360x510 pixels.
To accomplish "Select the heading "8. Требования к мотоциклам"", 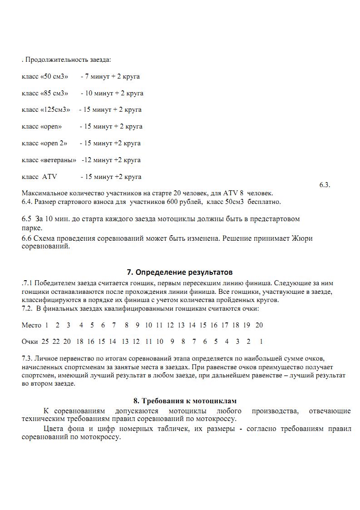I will (x=185, y=401).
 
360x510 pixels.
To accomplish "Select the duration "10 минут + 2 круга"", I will (x=114, y=93).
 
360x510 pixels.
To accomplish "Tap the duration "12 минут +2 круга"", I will (x=112, y=160).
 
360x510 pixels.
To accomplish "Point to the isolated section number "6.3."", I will (x=325, y=185).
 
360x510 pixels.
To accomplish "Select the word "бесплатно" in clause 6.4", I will (x=265, y=202).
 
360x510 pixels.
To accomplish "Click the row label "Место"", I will (x=31, y=325).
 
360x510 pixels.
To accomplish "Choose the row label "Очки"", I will (x=30, y=342).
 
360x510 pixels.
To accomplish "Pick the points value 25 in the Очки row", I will (x=45, y=342).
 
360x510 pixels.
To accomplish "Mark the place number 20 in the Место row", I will (x=259, y=325).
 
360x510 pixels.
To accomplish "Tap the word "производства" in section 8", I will (x=276, y=411).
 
